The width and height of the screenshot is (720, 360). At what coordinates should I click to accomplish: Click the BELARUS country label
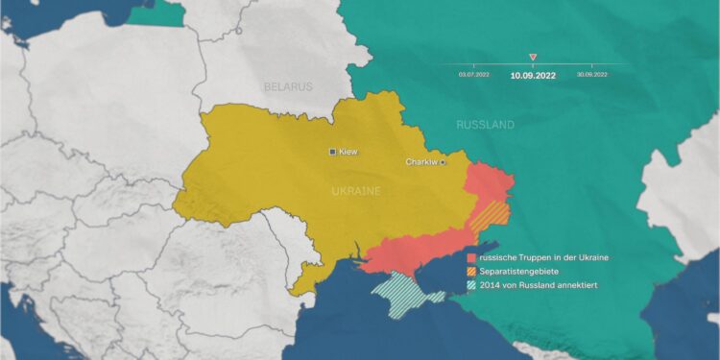[x=289, y=86]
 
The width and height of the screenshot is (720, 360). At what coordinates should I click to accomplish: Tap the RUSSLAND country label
[x=485, y=125]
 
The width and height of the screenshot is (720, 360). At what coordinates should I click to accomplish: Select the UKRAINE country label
[x=356, y=191]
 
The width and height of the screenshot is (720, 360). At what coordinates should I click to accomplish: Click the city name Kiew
[x=348, y=152]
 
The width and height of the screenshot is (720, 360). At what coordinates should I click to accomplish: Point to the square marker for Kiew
[x=333, y=152]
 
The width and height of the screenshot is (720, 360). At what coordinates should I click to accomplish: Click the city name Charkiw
[x=421, y=162]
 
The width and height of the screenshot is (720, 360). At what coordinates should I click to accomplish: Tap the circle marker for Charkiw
[x=443, y=162]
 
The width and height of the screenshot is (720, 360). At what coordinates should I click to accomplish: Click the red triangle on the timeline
[x=533, y=58]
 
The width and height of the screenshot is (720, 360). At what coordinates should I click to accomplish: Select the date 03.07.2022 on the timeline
[x=474, y=74]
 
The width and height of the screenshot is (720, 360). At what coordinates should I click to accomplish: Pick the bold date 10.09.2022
[x=533, y=75]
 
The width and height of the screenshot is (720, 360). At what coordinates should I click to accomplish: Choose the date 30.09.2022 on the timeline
[x=592, y=74]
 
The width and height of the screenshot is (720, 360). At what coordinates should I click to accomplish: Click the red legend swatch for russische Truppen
[x=471, y=258]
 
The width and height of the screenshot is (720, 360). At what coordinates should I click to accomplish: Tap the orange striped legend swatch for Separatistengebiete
[x=471, y=272]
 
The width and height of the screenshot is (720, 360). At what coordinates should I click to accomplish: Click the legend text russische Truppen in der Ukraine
[x=543, y=258]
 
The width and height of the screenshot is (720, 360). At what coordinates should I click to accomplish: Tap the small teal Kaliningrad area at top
[x=154, y=12]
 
